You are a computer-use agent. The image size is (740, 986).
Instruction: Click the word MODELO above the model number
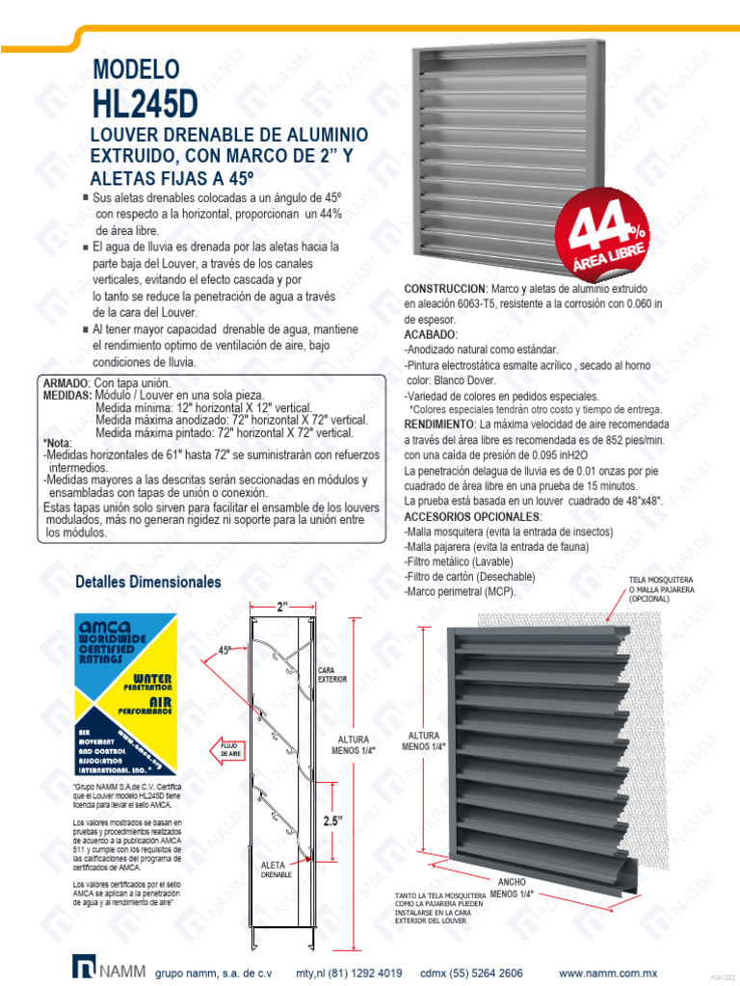coord(136,68)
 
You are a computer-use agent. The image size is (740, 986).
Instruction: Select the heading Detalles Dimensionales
coord(148,583)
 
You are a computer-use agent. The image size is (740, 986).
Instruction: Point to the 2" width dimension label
coord(282,608)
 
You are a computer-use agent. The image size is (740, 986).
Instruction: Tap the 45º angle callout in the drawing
coord(225,650)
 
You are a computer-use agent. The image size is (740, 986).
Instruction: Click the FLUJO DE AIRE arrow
coord(225,749)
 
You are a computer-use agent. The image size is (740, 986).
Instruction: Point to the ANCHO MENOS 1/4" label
coord(510,888)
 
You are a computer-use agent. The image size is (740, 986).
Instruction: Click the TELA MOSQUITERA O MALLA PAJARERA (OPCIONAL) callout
coord(661,588)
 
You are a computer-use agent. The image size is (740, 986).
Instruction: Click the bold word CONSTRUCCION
coord(444,289)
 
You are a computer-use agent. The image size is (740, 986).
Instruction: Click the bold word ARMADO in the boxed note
coord(66,383)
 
